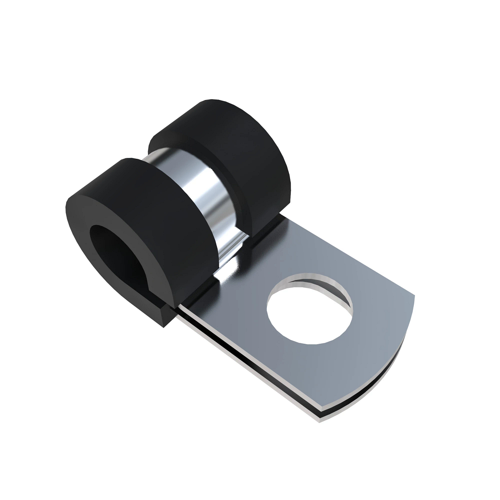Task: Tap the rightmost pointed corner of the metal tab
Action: click(414, 296)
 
